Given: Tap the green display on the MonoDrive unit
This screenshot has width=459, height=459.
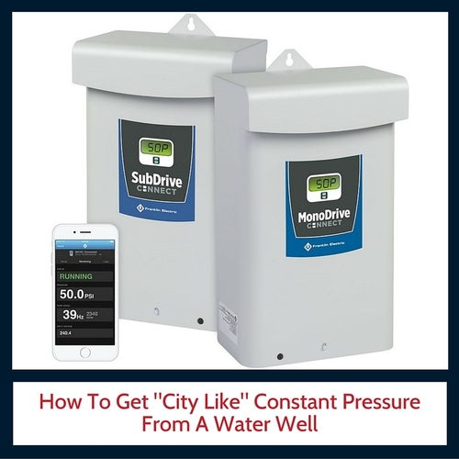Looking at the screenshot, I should pos(322,184).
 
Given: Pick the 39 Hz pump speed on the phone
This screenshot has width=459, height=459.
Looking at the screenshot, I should pos(72,314).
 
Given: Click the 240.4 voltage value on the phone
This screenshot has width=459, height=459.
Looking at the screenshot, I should pos(66,335).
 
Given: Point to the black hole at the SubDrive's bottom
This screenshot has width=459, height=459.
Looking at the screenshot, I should pos(201,321).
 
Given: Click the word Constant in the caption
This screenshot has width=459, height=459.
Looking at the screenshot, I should pos(274,404).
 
